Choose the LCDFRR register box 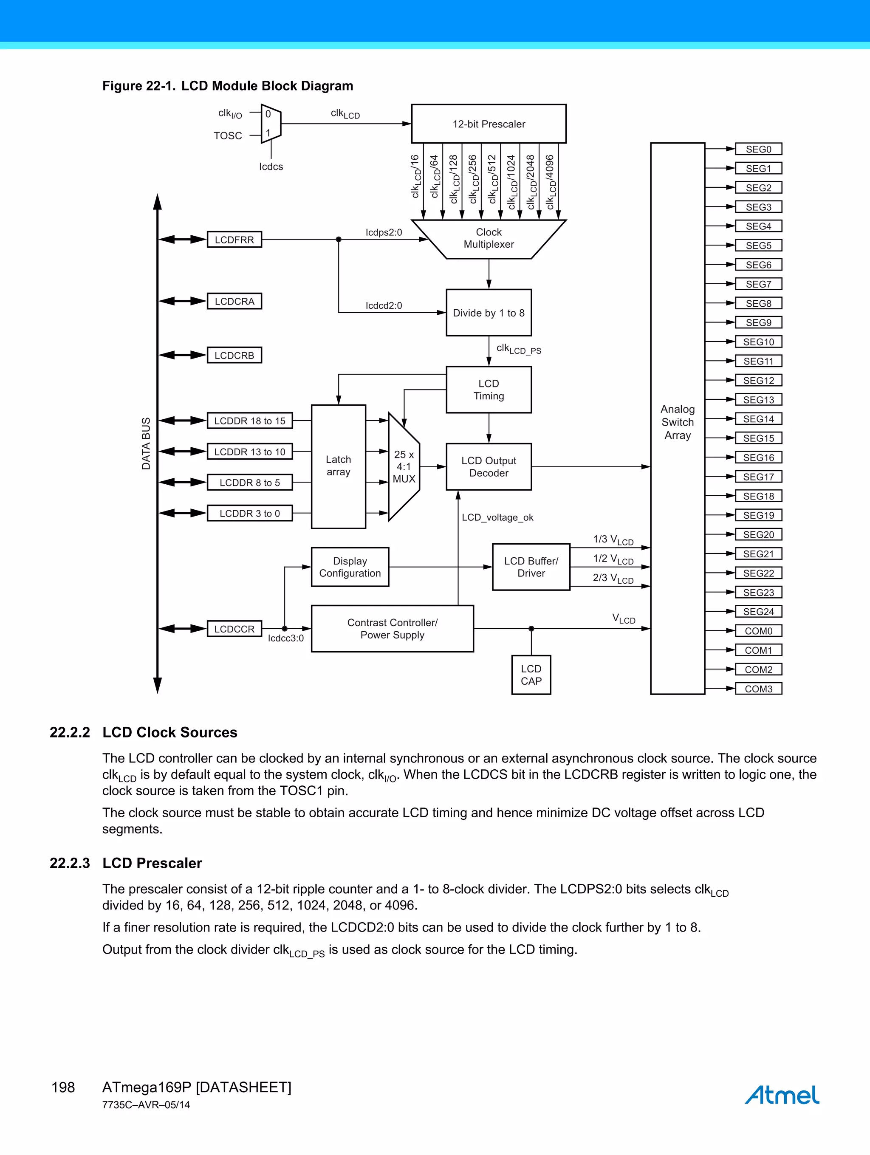[x=234, y=240]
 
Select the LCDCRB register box [x=234, y=355]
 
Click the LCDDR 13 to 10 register [x=250, y=452]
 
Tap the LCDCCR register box [x=234, y=629]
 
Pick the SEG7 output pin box [x=758, y=284]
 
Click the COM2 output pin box [x=758, y=669]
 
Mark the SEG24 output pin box [x=758, y=611]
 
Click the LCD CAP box [x=531, y=675]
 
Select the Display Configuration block [x=350, y=567]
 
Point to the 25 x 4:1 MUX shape [x=404, y=467]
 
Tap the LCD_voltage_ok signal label [x=497, y=517]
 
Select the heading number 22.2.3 [x=69, y=863]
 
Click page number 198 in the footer [x=63, y=1087]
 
